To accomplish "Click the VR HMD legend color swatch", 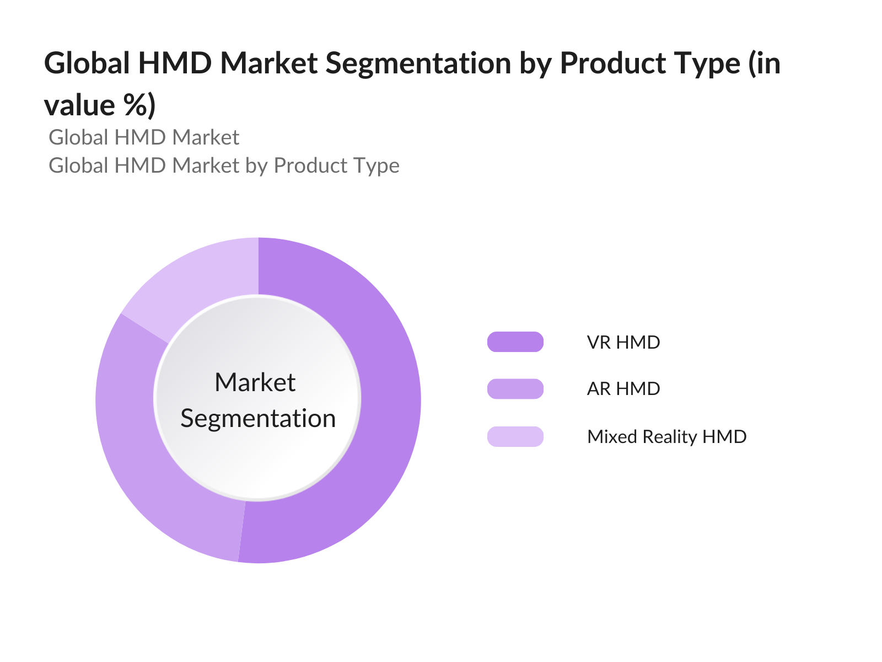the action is coord(515,341).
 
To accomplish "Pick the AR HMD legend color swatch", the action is coord(515,389).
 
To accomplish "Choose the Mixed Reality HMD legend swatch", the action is coord(515,436).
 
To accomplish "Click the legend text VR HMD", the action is coord(623,343).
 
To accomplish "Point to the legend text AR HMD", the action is coord(623,389).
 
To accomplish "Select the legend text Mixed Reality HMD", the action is coord(666,437).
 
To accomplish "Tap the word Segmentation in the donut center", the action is coord(258,419).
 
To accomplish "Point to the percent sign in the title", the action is coord(136,104).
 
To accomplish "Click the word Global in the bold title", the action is coord(87,63).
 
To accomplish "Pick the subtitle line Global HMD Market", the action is coord(144,137).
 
